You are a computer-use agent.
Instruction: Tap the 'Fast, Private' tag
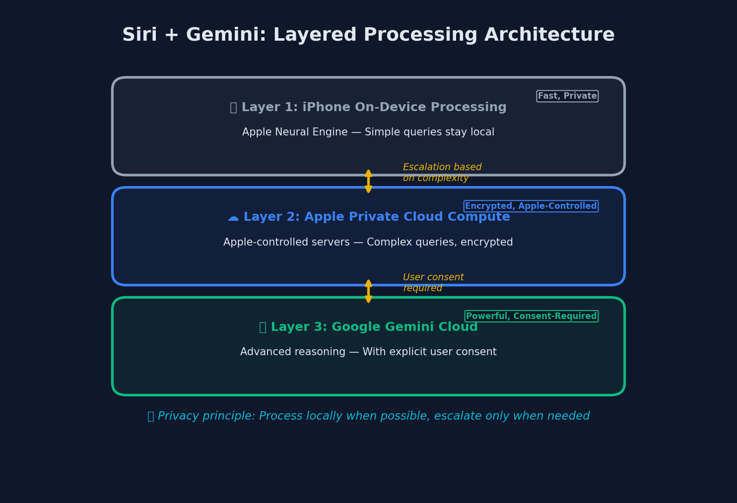[567, 96]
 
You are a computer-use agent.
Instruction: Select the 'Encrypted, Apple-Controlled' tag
[531, 206]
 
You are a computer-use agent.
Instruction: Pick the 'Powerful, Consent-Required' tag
[531, 316]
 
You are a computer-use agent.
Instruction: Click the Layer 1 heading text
[368, 108]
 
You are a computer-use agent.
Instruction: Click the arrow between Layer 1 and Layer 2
[368, 181]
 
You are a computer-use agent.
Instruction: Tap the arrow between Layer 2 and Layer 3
[368, 291]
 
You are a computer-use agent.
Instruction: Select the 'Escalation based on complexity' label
[442, 173]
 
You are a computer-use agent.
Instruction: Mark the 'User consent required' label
[433, 283]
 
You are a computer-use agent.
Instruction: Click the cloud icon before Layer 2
[233, 218]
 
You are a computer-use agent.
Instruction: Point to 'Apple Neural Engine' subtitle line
[368, 132]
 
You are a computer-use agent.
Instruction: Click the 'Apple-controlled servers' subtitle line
[368, 243]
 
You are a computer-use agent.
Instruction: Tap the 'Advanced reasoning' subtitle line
[368, 352]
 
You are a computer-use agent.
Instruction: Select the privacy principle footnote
[368, 416]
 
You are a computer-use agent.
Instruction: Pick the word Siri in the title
[139, 35]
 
